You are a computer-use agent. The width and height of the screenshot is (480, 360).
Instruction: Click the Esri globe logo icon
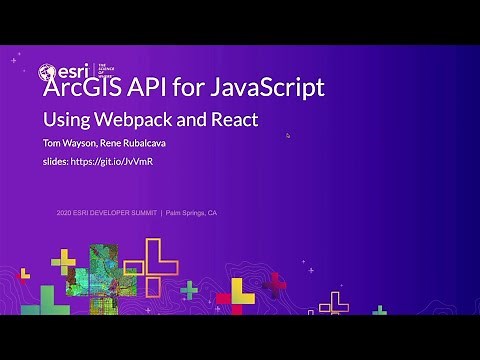[x=47, y=72]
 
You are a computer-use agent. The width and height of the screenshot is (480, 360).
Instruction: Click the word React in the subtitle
[x=232, y=120]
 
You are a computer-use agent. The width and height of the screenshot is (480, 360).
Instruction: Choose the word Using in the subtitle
[x=62, y=120]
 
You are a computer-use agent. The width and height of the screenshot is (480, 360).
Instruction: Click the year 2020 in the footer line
[x=68, y=213]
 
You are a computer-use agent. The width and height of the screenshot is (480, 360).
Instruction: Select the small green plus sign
[x=189, y=289]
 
